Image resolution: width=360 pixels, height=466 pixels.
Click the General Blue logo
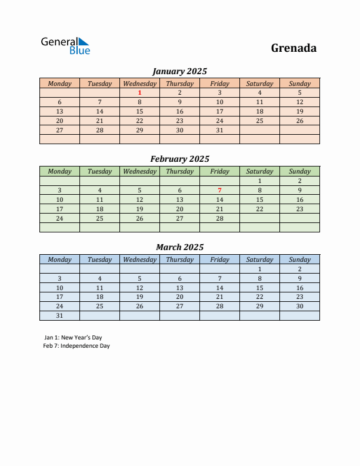65,45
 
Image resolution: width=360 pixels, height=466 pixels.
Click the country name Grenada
294,48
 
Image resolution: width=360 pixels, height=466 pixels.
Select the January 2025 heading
179,71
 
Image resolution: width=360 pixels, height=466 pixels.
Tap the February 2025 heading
179,159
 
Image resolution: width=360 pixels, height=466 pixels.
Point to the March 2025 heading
179,247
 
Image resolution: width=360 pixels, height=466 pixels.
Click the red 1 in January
139,92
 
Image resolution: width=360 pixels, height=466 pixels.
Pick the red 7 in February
219,190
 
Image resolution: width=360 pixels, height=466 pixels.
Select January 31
219,130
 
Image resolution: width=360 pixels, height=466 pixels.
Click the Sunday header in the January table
299,84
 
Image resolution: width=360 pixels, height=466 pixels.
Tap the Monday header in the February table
59,171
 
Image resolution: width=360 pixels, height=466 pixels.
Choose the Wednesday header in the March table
139,259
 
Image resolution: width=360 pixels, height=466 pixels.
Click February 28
219,218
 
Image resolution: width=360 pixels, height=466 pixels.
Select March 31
59,315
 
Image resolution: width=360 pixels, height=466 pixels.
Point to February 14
219,199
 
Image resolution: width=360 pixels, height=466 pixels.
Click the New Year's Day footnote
72,338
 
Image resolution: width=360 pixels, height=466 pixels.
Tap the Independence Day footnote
76,346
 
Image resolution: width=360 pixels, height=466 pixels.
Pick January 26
299,121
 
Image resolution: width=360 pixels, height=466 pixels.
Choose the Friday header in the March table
219,259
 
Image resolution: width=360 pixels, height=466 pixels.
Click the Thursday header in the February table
179,171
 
